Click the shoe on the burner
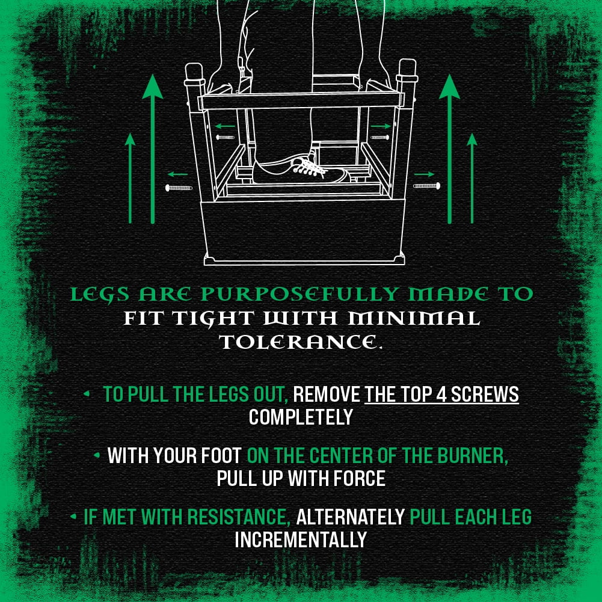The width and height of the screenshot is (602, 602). tap(301, 171)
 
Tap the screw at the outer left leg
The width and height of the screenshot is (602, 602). tap(179, 188)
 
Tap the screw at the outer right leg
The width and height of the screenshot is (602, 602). tap(426, 186)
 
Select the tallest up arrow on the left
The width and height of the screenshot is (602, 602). tap(153, 149)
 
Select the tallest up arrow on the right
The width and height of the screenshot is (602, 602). tap(449, 149)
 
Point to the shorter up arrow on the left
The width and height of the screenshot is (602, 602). tap(130, 178)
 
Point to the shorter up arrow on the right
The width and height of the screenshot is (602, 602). tap(472, 178)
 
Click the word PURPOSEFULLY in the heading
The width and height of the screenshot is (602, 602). tap(299, 295)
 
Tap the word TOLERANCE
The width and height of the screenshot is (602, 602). tap(301, 342)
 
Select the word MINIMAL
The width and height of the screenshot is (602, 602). tap(414, 318)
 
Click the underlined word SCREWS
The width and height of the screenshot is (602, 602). tap(485, 395)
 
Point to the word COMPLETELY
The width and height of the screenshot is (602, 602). tap(301, 417)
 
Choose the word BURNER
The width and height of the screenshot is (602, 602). tap(473, 456)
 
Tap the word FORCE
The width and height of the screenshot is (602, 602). tap(360, 478)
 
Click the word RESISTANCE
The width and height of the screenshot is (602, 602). tap(239, 517)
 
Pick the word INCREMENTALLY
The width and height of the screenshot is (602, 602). tap(301, 539)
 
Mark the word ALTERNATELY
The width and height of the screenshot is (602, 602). tap(351, 517)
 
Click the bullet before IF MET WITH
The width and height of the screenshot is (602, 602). tap(73, 517)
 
